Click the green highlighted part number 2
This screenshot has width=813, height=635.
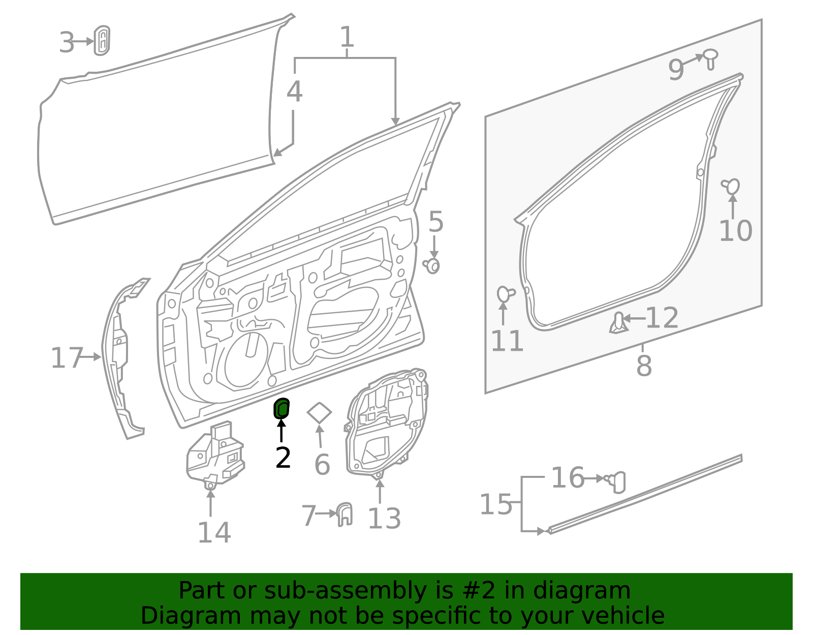point(282,408)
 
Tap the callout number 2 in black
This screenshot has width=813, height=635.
point(283,458)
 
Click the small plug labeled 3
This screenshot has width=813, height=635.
point(102,40)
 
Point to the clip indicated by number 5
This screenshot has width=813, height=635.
point(432,265)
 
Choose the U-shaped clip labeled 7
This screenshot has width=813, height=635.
point(345,514)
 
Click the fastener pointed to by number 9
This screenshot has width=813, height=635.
point(710,58)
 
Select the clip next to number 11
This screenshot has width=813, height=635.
point(505,294)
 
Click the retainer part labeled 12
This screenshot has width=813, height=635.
point(618,323)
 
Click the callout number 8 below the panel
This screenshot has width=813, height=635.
point(644,366)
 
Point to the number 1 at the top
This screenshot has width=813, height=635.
point(347,37)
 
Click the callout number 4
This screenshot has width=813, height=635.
point(294,92)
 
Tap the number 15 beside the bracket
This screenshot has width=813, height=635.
point(496,504)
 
